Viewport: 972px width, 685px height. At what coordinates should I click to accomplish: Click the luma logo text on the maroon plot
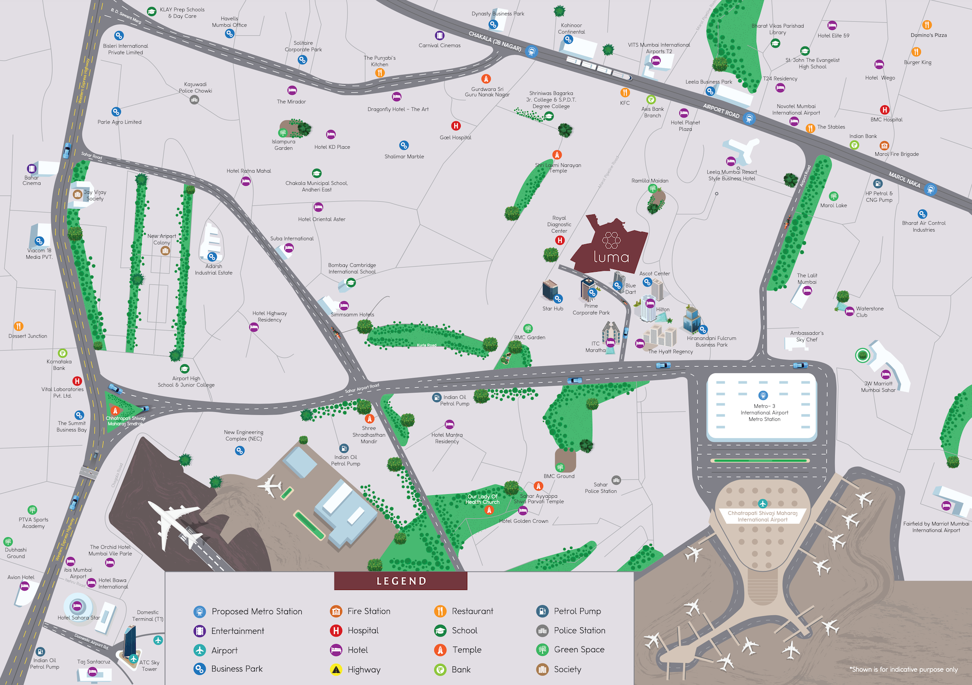click(x=611, y=257)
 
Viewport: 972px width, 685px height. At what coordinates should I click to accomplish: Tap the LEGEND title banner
click(x=401, y=581)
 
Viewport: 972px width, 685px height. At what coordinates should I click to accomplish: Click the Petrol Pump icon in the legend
click(x=542, y=611)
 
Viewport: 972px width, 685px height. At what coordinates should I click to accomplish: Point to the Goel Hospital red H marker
click(x=456, y=126)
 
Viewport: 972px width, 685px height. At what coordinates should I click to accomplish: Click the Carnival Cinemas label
click(x=439, y=46)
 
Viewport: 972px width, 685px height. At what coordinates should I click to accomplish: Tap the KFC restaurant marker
click(x=625, y=93)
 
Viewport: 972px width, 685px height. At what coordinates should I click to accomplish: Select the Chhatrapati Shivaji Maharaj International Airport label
click(x=762, y=516)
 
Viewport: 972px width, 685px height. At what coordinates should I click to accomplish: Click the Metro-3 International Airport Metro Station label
click(x=764, y=412)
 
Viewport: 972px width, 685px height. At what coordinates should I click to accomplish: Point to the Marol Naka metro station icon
click(x=930, y=190)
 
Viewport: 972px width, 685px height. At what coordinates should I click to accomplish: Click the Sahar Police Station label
click(x=600, y=488)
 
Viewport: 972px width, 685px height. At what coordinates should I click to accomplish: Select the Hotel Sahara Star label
click(x=78, y=618)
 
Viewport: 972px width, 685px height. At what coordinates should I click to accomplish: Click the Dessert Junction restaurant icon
click(x=18, y=326)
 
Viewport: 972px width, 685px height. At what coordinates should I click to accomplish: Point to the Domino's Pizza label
click(x=928, y=35)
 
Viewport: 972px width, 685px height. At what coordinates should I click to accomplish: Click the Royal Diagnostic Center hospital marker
click(x=559, y=240)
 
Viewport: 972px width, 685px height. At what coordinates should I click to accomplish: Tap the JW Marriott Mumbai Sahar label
click(x=878, y=387)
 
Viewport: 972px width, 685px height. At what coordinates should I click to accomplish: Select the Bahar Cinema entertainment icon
click(x=31, y=168)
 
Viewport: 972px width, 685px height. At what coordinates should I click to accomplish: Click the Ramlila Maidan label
click(x=650, y=181)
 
